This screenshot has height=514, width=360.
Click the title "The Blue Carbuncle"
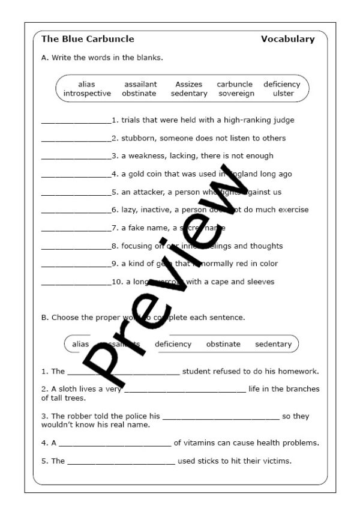pos(88,39)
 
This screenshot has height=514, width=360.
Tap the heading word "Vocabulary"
pos(287,39)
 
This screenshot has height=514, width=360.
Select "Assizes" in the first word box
pos(188,85)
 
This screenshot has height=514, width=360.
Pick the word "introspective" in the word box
pos(87,94)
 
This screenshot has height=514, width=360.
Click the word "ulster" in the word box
pos(283,94)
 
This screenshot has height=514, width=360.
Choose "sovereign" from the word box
pos(236,94)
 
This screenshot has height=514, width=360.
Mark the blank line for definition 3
pos(76,157)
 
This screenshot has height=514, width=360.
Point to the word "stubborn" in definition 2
pos(137,138)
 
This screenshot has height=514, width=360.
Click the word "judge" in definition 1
pos(284,120)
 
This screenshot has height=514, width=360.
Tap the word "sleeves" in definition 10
pos(260,282)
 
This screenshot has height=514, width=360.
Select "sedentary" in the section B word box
pos(273,344)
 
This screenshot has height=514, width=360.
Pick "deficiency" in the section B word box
pos(173,344)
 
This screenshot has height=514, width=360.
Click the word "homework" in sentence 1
pos(299,371)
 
